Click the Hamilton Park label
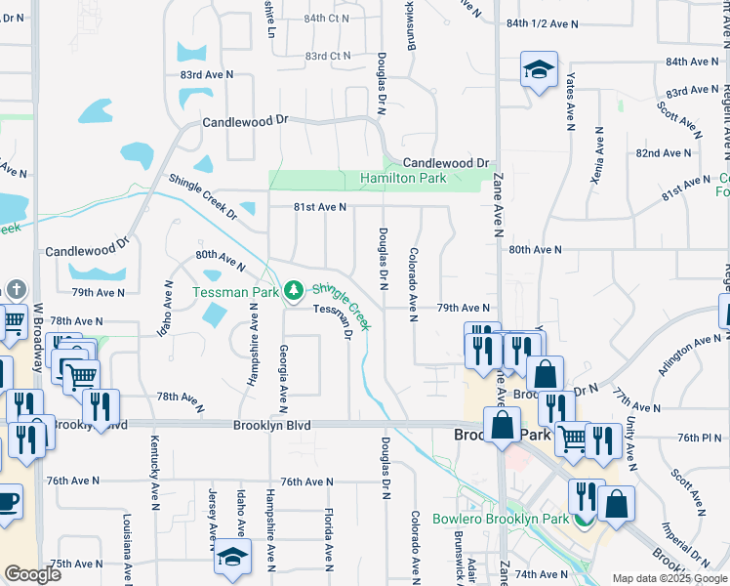tap(403, 179)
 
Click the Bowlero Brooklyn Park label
tap(501, 519)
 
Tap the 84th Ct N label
tap(326, 19)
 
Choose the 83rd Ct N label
tap(326, 56)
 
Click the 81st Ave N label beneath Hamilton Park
tap(320, 207)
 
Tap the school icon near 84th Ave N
tap(539, 70)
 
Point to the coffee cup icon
tap(8, 503)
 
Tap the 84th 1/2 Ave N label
tap(544, 23)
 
